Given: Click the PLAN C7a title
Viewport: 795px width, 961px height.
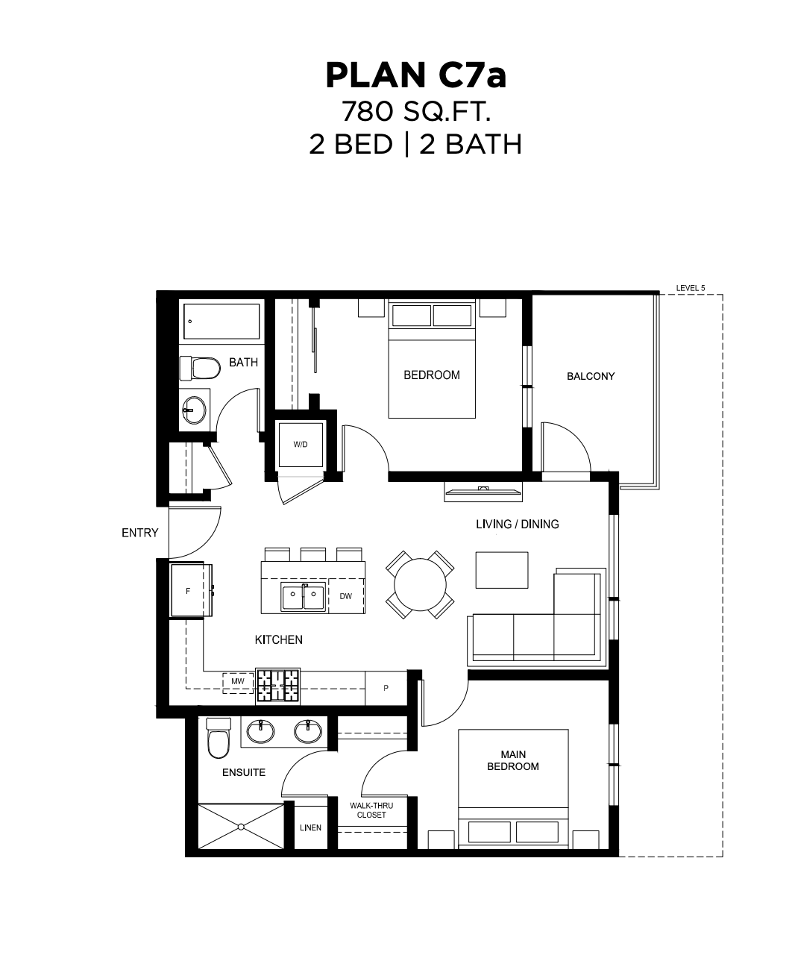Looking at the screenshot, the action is [416, 76].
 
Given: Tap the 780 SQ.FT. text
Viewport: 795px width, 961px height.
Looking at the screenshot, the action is [416, 111].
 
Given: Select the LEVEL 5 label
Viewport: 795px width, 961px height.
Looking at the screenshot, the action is [690, 288].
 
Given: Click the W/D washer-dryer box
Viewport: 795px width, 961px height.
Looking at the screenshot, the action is [301, 445].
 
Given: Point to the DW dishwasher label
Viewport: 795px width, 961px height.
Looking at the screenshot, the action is [345, 596].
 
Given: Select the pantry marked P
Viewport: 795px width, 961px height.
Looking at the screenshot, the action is [386, 688].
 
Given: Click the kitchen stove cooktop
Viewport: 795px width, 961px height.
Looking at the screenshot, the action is [278, 686].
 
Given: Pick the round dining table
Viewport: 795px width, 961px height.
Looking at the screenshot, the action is [420, 584].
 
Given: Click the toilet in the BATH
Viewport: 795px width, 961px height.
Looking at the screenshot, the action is [200, 368].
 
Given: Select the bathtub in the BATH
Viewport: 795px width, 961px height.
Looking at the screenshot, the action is [221, 322].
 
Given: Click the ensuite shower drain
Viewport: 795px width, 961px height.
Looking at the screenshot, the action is [241, 827].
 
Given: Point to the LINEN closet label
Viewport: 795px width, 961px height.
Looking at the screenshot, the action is [310, 828].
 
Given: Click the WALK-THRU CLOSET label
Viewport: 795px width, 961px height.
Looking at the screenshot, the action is [371, 810].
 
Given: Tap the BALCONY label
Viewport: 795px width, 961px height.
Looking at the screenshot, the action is [591, 377].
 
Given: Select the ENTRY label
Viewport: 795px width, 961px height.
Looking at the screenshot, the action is [140, 533].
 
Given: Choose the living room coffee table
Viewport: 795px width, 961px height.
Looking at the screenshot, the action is [502, 570].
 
